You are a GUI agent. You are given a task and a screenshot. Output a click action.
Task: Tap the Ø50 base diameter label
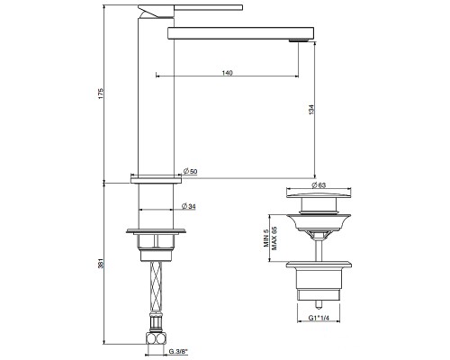click(x=191, y=171)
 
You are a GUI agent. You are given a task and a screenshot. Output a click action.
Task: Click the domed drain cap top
click(x=318, y=199)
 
